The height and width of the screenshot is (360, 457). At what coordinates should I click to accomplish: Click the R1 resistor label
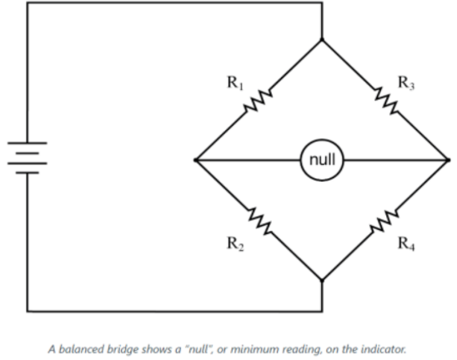coord(234,82)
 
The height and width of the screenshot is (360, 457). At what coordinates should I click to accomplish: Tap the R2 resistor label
coord(234,243)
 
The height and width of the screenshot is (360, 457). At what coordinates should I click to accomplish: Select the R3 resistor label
coord(405,82)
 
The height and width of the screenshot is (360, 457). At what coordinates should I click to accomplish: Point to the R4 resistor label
coord(406,243)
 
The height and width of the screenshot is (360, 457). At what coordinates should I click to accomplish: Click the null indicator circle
coord(322,159)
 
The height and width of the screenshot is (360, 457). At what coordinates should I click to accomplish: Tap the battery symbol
coord(27,159)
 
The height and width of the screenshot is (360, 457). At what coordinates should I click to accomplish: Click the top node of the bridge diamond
coord(320,37)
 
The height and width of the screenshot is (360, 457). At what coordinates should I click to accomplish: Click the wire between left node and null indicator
coord(250,159)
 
